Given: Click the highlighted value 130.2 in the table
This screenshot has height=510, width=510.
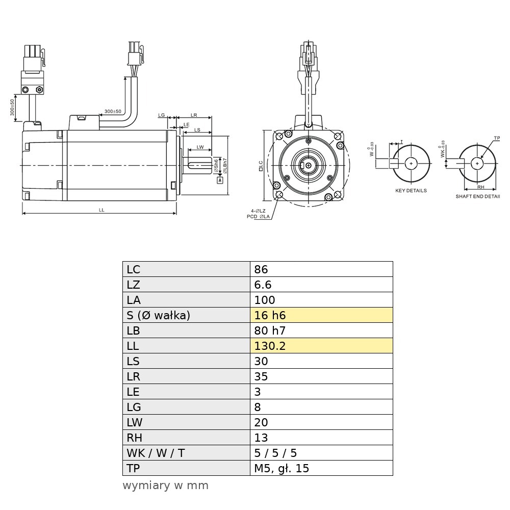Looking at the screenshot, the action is click(x=270, y=346).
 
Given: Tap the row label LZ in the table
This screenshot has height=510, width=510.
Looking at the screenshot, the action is click(x=133, y=285).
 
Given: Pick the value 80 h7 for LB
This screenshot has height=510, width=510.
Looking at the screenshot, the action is click(x=270, y=330).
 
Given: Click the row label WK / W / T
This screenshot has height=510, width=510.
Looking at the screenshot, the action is click(x=156, y=453).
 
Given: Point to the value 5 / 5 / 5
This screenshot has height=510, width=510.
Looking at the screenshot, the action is click(x=275, y=453).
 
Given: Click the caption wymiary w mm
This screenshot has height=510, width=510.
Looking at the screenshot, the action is click(x=166, y=486).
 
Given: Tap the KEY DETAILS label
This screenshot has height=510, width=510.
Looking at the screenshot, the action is click(x=411, y=191).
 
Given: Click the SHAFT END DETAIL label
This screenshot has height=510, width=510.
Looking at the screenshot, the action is click(x=478, y=196).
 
